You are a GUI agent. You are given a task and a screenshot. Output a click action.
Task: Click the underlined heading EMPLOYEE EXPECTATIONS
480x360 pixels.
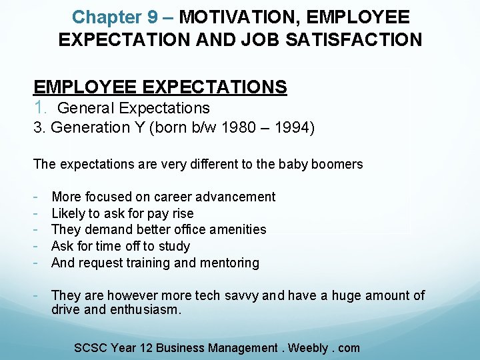pos(160,87)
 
